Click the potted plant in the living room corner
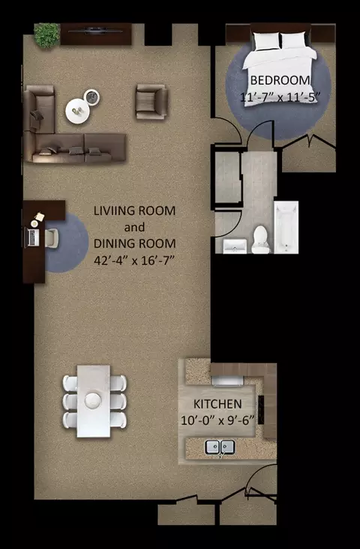[46, 35]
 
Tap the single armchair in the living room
[151, 101]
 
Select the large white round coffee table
[77, 111]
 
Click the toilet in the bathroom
[260, 239]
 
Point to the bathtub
[286, 227]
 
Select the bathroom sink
[235, 246]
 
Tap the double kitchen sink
[220, 447]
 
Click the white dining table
[94, 401]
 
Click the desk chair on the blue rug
[51, 238]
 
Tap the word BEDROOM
[280, 80]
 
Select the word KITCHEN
[217, 403]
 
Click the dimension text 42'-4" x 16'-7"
[134, 261]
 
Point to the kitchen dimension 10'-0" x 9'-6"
[217, 420]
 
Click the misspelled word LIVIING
[113, 211]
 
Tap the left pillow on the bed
[267, 40]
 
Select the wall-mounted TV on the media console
[95, 31]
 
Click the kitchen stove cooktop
[261, 409]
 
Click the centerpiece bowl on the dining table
[93, 400]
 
